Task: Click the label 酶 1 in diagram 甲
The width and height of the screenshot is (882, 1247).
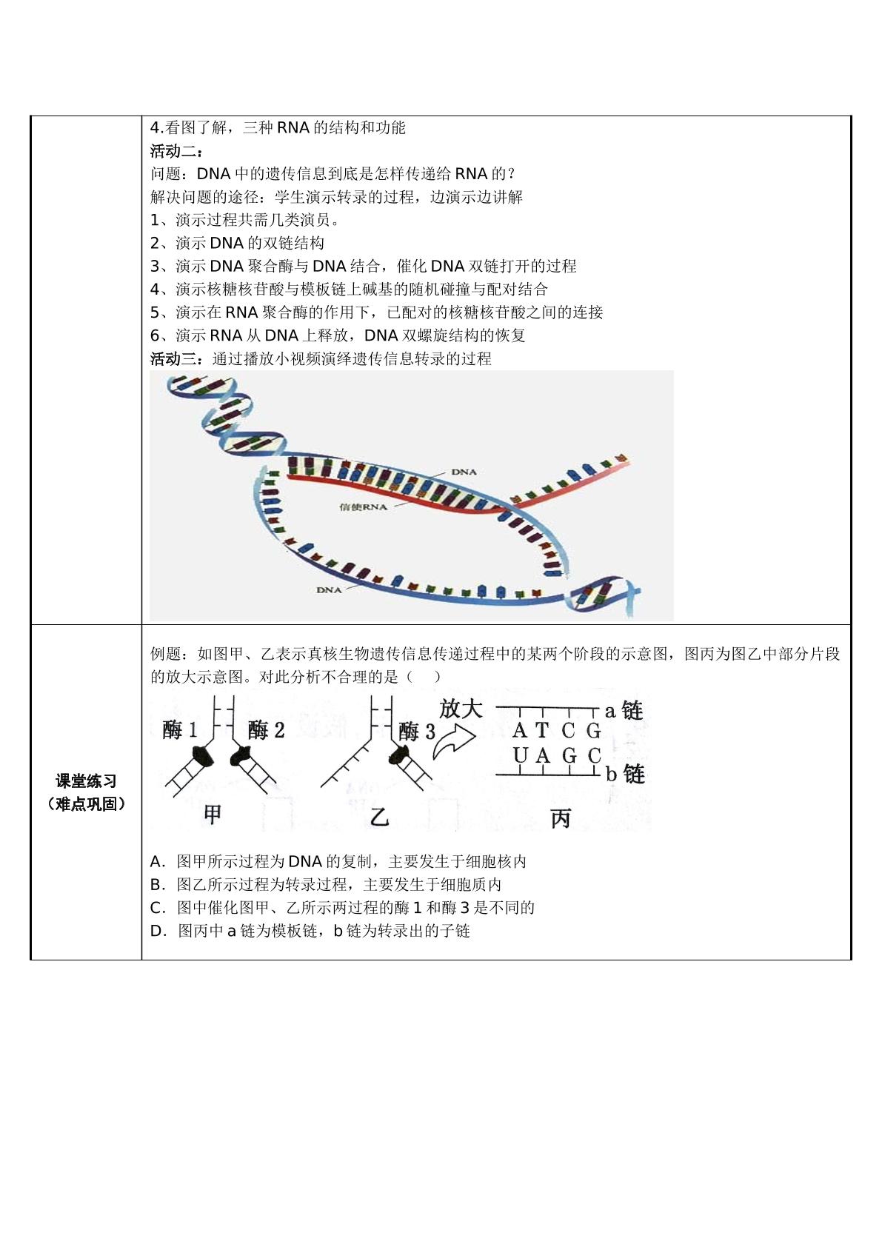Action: [x=180, y=730]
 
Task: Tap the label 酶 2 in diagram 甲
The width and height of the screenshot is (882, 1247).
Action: [x=266, y=730]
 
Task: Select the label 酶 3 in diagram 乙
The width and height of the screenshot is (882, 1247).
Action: [x=417, y=731]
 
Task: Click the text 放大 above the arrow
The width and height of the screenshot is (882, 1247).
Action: [x=461, y=709]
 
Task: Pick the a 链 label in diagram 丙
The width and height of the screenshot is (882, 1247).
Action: [x=624, y=711]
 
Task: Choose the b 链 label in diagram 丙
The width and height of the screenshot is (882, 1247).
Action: [x=625, y=774]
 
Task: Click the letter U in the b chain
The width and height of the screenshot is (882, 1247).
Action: [x=520, y=755]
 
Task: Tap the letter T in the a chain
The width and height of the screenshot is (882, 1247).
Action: [x=542, y=730]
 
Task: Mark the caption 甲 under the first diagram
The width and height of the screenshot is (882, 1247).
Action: [x=213, y=815]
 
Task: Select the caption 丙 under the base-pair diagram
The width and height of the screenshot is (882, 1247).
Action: [x=561, y=818]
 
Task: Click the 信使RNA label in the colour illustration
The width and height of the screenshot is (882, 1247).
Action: [x=363, y=507]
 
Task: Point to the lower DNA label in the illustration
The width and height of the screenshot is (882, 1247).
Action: [x=329, y=589]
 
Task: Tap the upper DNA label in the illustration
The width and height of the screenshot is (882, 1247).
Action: [x=464, y=472]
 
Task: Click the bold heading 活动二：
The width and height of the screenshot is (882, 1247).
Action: [x=177, y=151]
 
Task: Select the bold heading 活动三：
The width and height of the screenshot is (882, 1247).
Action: [x=177, y=358]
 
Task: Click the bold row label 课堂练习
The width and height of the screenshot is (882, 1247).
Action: [x=87, y=781]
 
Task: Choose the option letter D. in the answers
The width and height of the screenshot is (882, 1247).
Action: [x=158, y=931]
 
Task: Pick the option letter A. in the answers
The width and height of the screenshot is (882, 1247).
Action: [x=158, y=862]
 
